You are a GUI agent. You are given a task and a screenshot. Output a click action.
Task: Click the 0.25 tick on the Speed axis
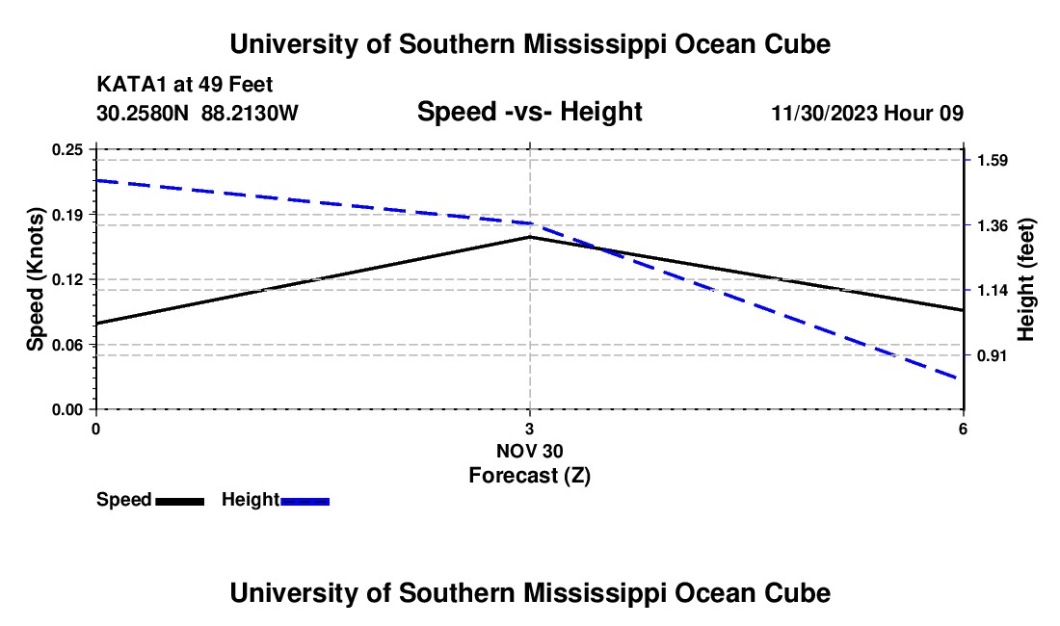(66, 149)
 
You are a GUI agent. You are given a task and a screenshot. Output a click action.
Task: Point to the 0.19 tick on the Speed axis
(66, 215)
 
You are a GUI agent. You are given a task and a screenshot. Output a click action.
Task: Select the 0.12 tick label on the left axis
(66, 279)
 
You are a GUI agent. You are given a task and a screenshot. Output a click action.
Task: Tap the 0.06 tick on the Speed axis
(66, 345)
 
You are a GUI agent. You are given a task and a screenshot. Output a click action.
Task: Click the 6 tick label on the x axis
(963, 429)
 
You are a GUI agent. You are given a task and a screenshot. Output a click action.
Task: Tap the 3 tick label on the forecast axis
(529, 429)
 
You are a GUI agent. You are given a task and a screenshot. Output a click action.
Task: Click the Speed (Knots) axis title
(35, 279)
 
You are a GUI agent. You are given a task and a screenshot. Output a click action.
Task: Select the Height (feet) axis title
(1025, 279)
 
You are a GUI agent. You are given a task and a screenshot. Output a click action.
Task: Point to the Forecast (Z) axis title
(529, 476)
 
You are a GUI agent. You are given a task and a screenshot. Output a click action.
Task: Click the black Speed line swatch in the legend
(180, 502)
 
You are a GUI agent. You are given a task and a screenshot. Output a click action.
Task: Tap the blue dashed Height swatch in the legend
(305, 502)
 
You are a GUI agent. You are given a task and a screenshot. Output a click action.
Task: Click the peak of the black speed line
(530, 237)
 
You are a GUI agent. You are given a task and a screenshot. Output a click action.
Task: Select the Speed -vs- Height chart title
(529, 112)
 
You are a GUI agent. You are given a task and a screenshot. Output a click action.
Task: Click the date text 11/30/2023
(825, 114)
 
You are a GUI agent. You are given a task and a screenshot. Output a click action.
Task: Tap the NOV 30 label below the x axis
(529, 451)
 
